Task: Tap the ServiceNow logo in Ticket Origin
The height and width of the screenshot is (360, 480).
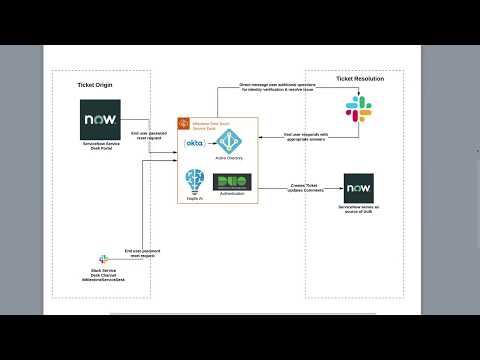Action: pyautogui.click(x=100, y=124)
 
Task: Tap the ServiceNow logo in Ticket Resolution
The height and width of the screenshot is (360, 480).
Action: pyautogui.click(x=361, y=188)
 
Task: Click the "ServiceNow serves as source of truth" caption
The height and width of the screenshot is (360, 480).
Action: pyautogui.click(x=361, y=212)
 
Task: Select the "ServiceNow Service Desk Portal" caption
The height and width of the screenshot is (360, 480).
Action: pyautogui.click(x=100, y=148)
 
